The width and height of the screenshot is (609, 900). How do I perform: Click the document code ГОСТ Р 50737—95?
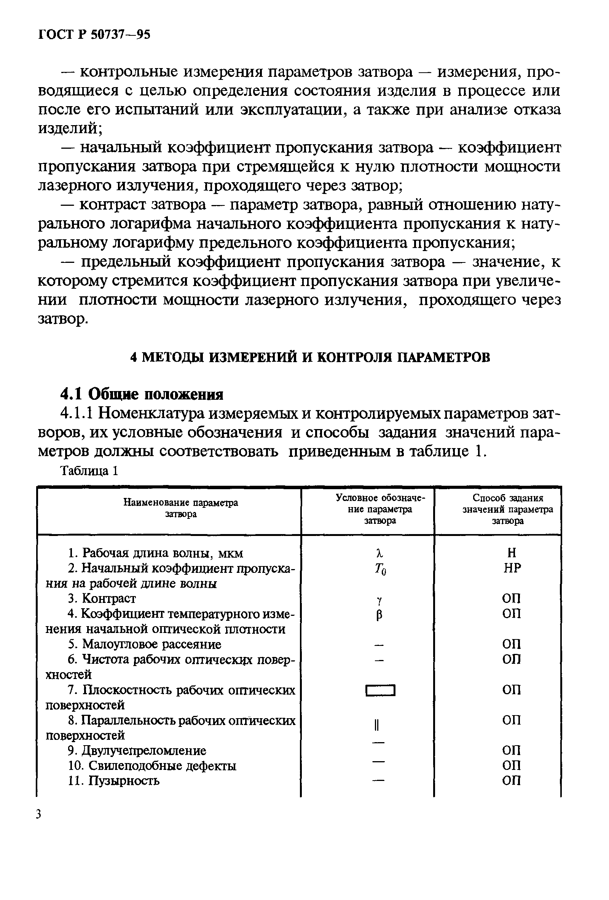point(94,35)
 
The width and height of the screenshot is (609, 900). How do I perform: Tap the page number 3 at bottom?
point(38,814)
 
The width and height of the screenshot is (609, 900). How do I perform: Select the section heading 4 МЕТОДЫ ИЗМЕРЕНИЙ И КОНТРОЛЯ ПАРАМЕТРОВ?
point(310,357)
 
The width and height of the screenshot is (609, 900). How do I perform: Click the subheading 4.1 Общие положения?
point(142,394)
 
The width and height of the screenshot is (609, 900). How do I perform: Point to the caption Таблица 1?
point(89,471)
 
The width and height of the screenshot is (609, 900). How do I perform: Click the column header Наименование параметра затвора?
point(180,509)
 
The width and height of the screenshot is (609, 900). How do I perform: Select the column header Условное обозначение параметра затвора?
point(380,509)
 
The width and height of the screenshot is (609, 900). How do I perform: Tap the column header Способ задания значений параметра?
point(508,509)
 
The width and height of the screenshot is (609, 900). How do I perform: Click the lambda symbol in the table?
point(379,553)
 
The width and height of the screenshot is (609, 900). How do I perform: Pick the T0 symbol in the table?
point(380,569)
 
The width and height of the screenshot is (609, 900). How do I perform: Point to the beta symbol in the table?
point(379,615)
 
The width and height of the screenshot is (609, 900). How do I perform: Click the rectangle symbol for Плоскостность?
point(380,690)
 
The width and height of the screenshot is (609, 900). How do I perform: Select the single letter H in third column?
point(512,553)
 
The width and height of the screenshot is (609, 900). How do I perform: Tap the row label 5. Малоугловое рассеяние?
point(145,644)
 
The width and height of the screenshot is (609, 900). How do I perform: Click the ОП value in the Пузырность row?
point(512,780)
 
